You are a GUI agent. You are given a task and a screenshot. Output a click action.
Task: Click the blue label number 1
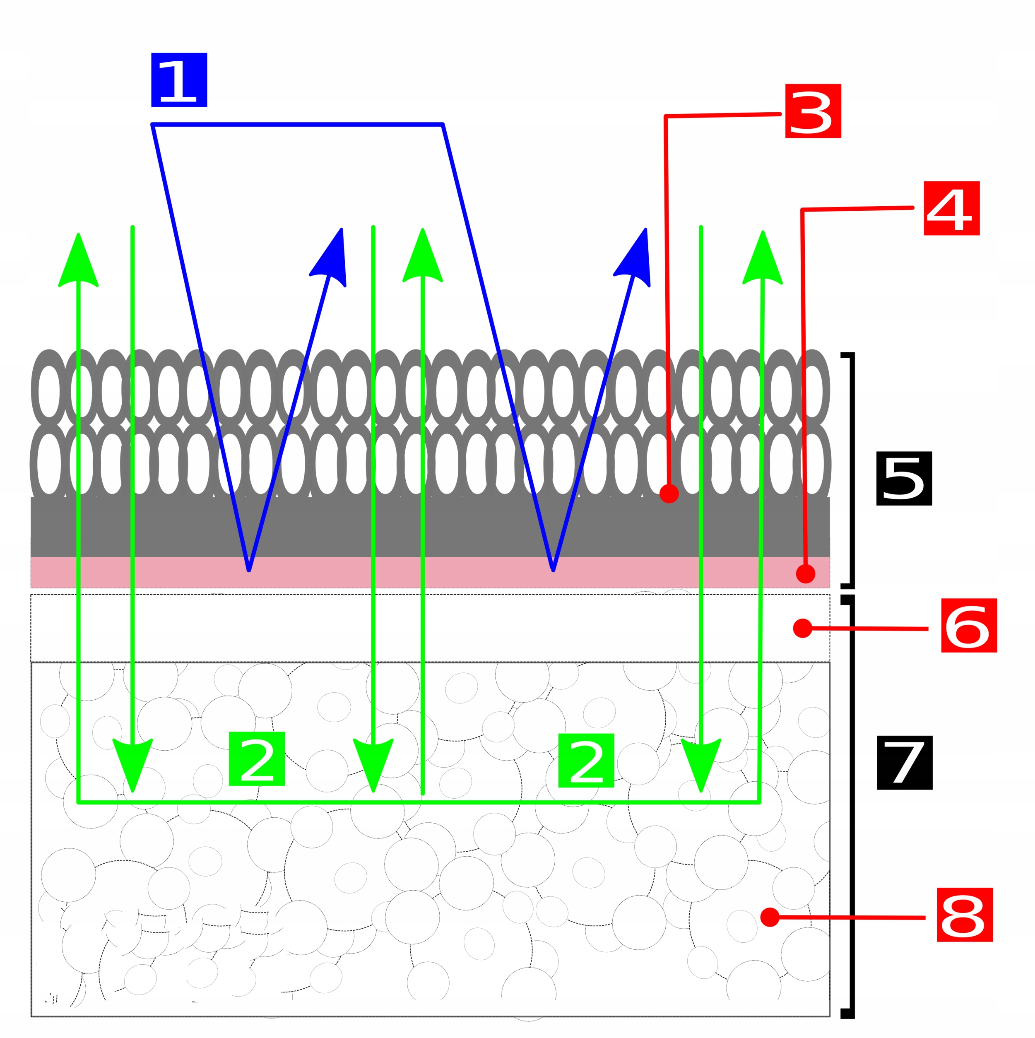(179, 79)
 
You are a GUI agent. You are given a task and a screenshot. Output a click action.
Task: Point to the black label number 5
(903, 478)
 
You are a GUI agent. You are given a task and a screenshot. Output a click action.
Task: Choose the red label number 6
(968, 625)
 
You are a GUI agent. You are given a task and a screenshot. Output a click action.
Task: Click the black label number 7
(903, 762)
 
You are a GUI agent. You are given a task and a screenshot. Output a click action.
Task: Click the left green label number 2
(256, 759)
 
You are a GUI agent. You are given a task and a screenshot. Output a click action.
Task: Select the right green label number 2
(585, 760)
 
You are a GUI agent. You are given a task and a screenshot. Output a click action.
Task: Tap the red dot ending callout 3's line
(668, 493)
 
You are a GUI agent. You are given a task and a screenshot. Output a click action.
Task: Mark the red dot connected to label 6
(802, 628)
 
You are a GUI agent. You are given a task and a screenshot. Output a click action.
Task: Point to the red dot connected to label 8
(769, 917)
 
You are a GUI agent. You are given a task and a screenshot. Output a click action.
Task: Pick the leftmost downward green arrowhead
(132, 762)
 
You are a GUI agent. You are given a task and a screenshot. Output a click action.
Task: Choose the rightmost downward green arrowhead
(700, 762)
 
